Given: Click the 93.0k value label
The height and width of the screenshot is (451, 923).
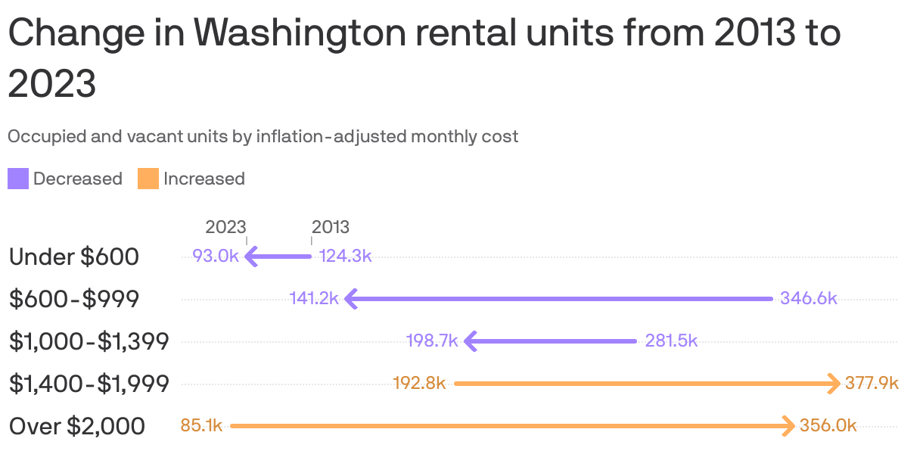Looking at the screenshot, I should coord(216,256).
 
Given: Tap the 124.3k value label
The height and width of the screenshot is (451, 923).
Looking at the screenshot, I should coord(346,256).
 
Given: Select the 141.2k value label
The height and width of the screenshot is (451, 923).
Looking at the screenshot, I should coord(313,298).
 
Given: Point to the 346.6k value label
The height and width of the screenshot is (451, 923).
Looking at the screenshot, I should coord(809,298).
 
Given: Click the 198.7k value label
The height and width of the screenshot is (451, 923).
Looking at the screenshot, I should coord(432,341).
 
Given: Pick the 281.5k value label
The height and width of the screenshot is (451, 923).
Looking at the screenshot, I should coord(671,341).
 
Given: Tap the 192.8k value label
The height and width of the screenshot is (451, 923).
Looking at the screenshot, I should coord(419,383).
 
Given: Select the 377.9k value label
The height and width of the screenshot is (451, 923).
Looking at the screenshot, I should coord(872,383).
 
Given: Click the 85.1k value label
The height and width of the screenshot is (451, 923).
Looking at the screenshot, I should coord(201,425).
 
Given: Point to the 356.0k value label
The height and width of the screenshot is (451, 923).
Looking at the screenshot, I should coord(828,425).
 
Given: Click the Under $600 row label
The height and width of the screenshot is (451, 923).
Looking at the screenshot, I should coord(74,257).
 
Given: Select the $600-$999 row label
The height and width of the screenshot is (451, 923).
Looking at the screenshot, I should coord(74,299).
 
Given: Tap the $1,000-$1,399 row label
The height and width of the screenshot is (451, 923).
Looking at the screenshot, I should coord(89,341).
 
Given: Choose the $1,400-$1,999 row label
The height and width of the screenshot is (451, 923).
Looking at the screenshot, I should coord(89,384).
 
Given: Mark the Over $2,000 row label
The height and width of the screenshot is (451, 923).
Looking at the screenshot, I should coord(77,426).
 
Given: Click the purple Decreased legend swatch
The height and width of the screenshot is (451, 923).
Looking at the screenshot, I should coord(18,179).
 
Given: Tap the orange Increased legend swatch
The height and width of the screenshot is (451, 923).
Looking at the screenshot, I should coord(148,179).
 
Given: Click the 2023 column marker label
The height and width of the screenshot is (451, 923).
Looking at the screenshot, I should coord(225,227).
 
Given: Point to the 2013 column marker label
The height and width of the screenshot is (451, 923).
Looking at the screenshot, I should coord(331,227).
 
